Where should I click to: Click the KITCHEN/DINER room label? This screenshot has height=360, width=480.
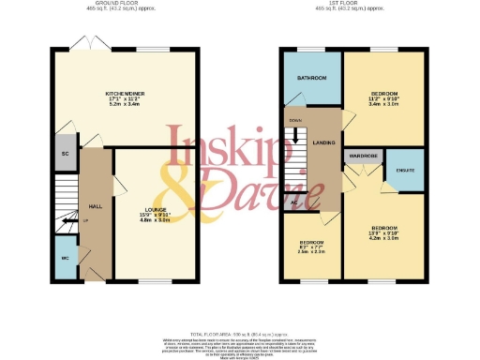point(125,94)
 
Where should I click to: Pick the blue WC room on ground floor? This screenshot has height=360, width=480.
point(65,258)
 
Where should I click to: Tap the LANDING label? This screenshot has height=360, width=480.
point(325,142)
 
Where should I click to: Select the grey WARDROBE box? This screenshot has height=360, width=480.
point(362,156)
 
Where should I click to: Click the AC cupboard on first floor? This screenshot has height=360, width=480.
point(293,202)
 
